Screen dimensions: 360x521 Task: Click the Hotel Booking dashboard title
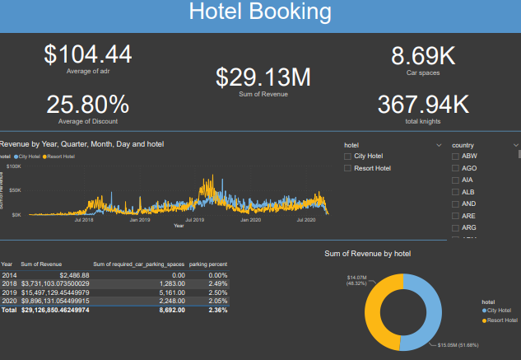coord(260,12)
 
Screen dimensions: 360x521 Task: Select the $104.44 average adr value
coord(87,54)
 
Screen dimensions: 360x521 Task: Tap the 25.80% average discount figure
coord(87,105)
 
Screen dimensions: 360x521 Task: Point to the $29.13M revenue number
coord(263,77)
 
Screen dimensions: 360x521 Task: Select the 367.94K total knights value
coord(423,105)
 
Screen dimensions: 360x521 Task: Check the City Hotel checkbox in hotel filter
coord(348,156)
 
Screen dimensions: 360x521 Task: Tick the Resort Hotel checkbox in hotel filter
coord(348,168)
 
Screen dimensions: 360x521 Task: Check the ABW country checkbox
coord(455,156)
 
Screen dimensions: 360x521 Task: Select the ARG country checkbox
coord(455,227)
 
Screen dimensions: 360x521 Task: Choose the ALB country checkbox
coord(455,191)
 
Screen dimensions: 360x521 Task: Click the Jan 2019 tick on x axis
coord(139,220)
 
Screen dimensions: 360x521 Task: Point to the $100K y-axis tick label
coord(14,166)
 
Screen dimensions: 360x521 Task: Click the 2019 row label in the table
coord(9,292)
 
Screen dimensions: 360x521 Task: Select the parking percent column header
coord(208,264)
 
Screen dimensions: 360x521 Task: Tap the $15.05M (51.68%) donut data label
coord(458,345)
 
